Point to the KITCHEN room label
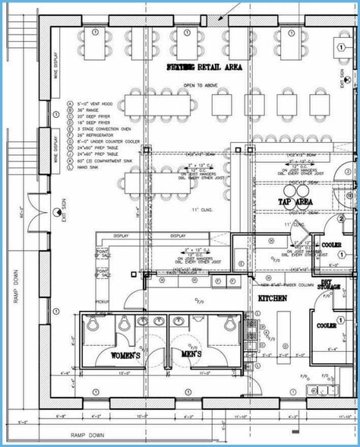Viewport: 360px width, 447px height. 272,299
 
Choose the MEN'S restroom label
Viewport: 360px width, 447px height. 193,356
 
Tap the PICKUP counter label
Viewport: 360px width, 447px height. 102,301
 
